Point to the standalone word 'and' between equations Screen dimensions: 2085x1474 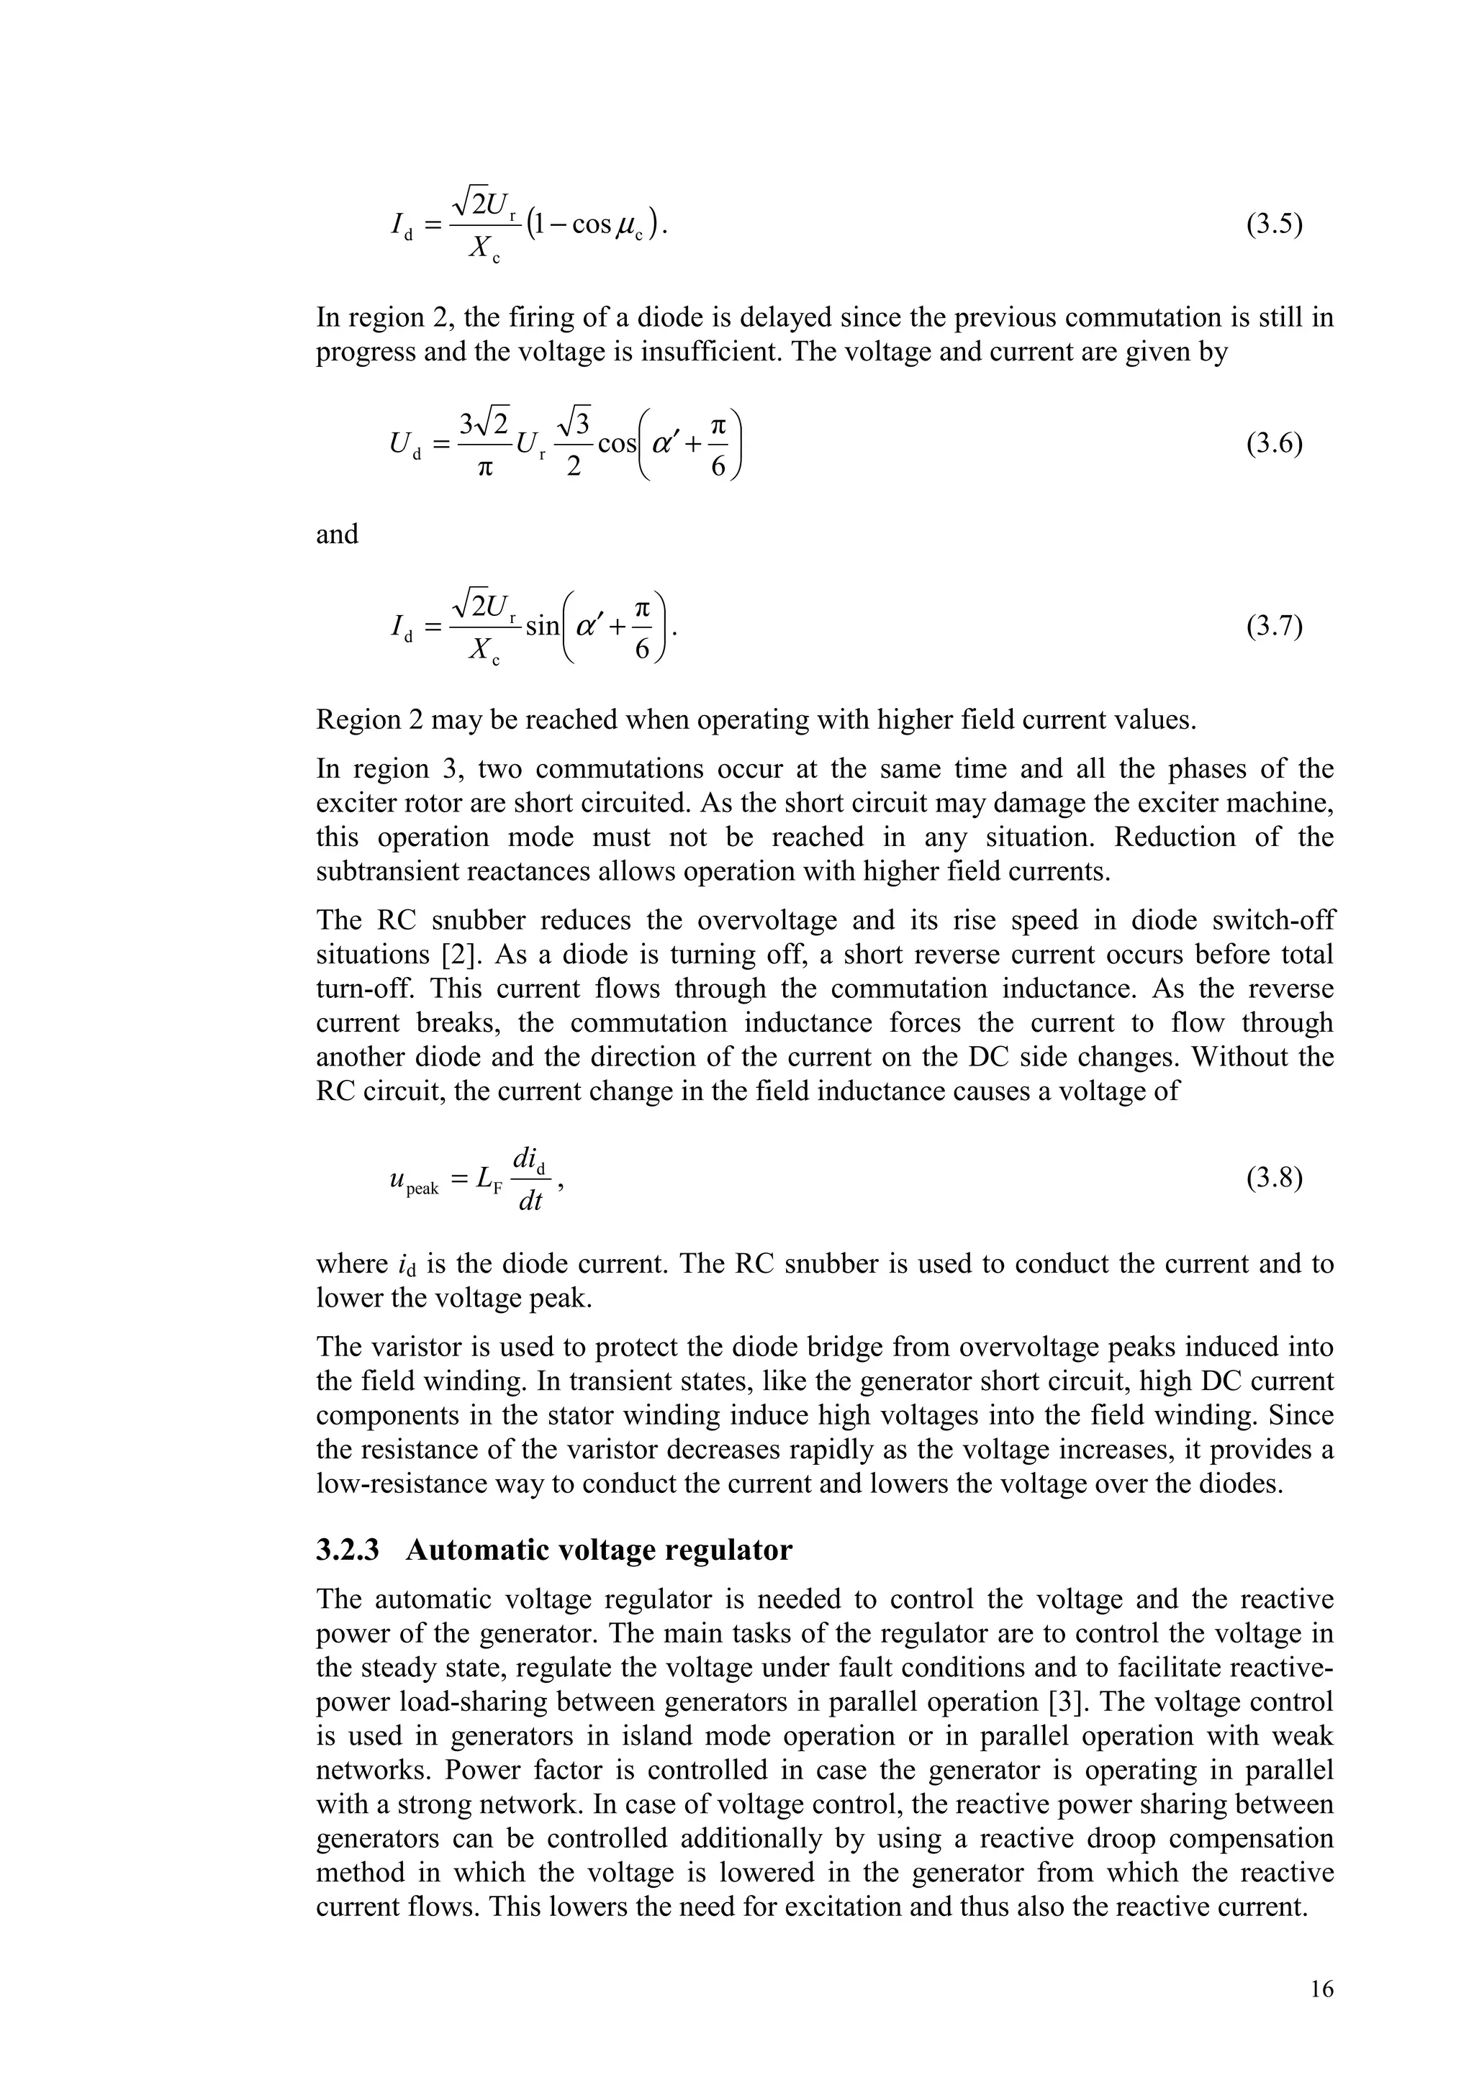[337, 534]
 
